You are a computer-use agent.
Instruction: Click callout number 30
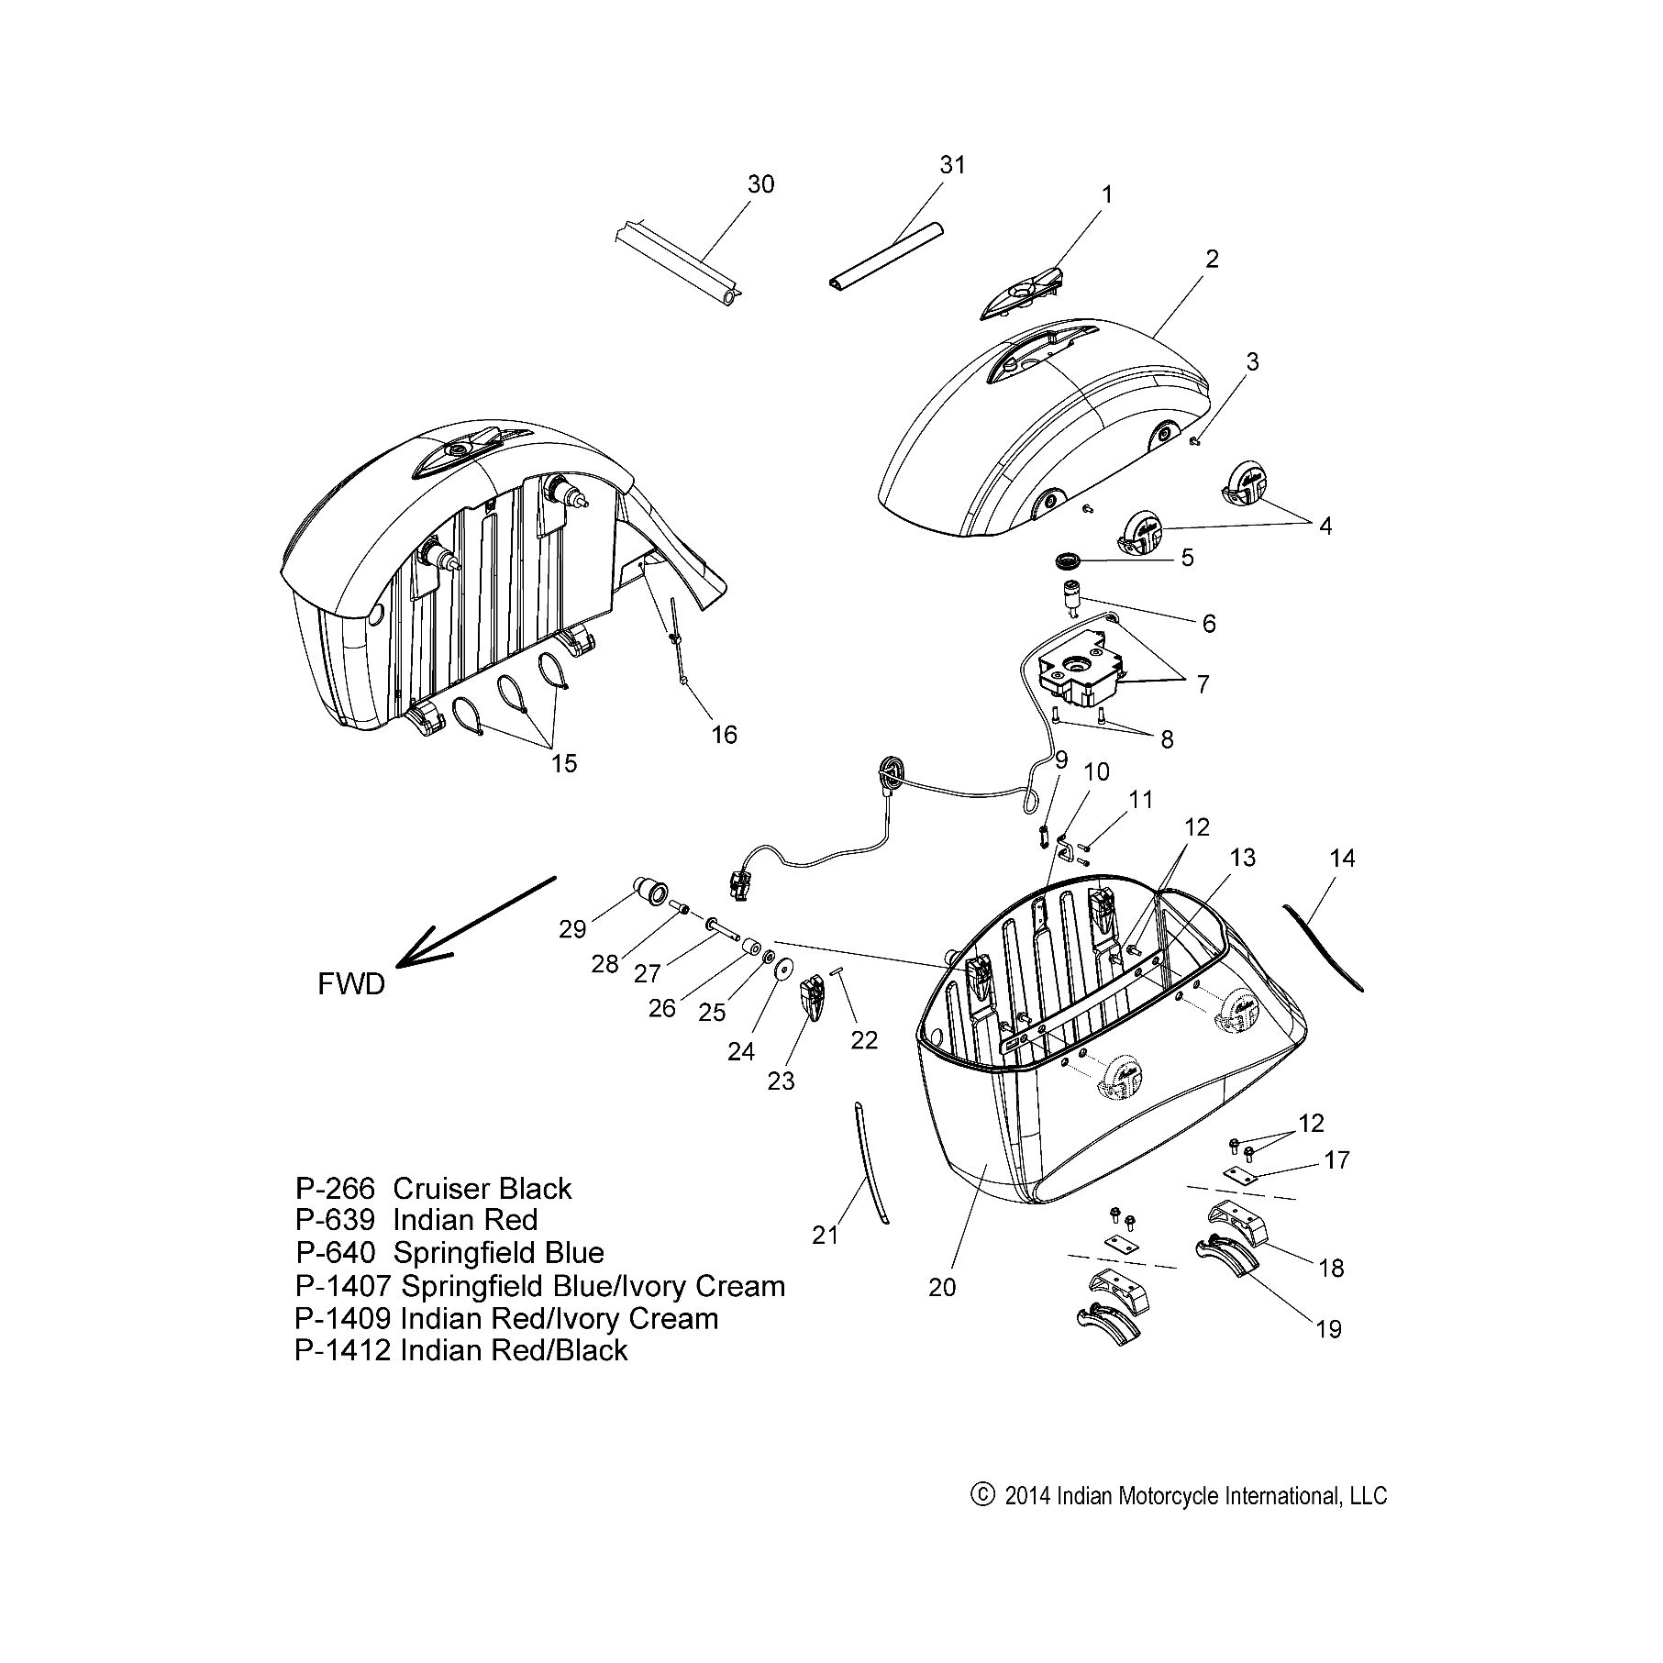point(760,184)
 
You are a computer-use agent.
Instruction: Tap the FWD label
point(350,984)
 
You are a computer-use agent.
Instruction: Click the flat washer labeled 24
point(784,970)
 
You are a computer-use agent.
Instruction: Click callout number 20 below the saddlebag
point(942,1287)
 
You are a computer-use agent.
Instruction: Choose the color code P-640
point(335,1252)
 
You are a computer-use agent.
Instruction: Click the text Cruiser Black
point(482,1188)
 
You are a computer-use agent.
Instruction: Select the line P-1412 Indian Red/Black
point(461,1350)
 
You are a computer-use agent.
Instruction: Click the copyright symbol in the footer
point(981,1495)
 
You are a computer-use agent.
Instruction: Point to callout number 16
point(724,735)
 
